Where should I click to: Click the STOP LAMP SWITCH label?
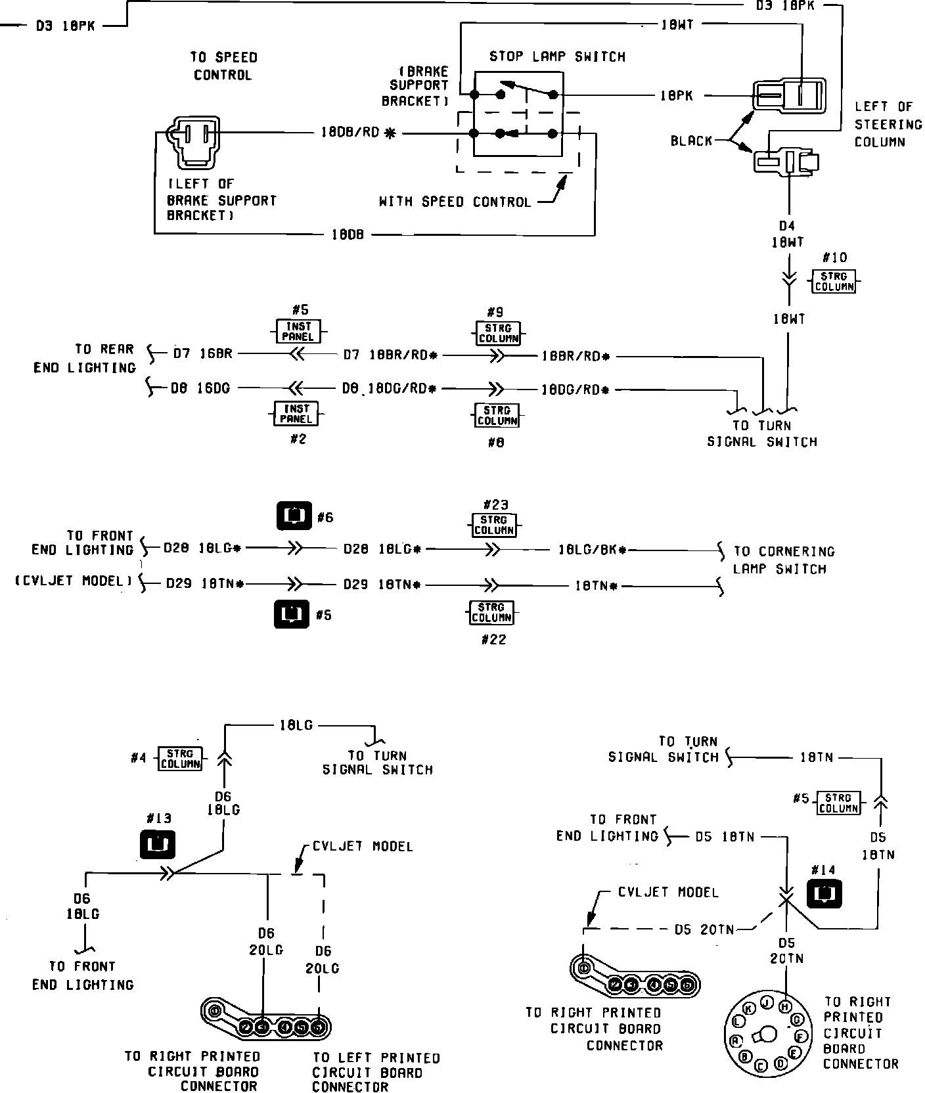pos(557,57)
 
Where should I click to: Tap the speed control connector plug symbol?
pos(194,141)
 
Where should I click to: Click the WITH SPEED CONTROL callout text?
pos(455,202)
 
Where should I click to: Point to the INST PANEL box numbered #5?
pos(298,331)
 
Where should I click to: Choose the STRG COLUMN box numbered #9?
pos(497,333)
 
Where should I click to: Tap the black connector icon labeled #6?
pos(294,516)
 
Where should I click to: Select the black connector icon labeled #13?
pos(158,844)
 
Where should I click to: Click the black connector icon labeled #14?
pos(824,894)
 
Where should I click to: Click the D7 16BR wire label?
pos(202,355)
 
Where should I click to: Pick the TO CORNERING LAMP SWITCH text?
pos(783,560)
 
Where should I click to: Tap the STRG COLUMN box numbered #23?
pos(494,525)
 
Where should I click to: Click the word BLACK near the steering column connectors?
pos(691,141)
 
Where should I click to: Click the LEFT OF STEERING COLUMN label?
pos(888,124)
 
